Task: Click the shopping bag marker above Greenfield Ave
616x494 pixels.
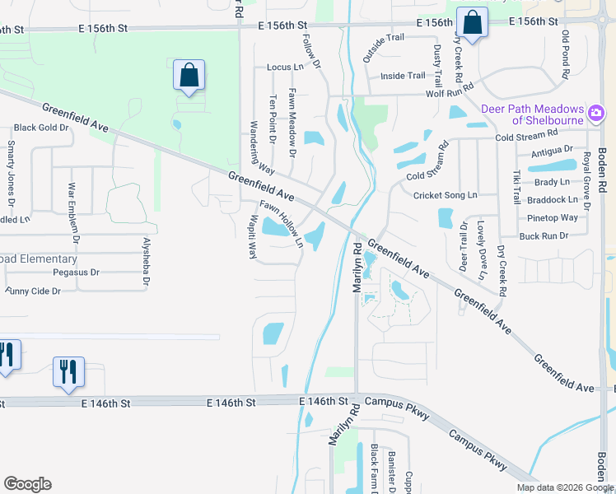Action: (189, 76)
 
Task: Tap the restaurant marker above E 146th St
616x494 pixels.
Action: (68, 371)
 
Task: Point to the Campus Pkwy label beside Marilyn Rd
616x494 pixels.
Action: (397, 403)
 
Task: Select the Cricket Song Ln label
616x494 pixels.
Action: (446, 195)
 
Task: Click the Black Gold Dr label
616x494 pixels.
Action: (40, 128)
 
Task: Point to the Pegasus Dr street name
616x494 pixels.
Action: (76, 272)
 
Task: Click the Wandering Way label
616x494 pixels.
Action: (260, 148)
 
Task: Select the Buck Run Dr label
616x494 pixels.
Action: (544, 236)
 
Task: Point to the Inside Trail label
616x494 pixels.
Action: (403, 77)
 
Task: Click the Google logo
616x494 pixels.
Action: (27, 484)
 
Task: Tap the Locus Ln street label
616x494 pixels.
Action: (285, 67)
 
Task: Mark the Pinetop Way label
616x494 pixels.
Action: (552, 218)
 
